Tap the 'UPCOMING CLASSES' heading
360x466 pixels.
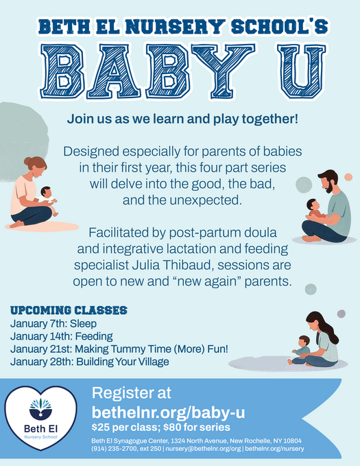(69, 310)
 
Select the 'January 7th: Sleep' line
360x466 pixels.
(53, 323)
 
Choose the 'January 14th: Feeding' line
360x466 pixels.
(62, 336)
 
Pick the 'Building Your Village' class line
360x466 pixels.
(90, 362)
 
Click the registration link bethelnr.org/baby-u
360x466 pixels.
(169, 412)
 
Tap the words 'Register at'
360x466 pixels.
(132, 394)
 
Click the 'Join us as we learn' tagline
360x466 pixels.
(182, 118)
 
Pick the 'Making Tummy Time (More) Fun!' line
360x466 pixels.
(119, 349)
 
